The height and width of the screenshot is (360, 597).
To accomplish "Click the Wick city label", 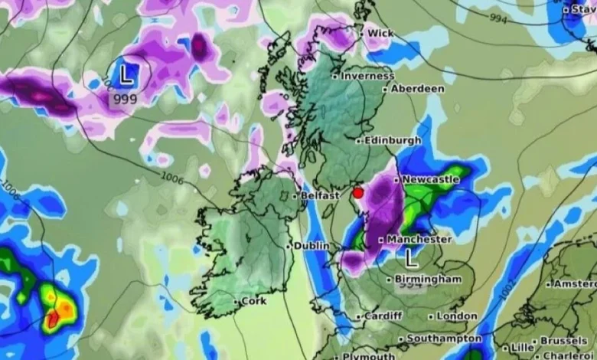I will coord(380,34).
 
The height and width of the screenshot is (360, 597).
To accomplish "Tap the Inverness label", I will coord(367,76).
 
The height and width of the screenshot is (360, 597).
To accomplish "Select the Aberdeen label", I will coord(417,89).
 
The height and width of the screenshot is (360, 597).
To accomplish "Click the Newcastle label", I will coord(431,179).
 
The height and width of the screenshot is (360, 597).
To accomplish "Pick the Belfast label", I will coord(319,196).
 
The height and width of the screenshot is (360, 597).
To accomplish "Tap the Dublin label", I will coord(312,246).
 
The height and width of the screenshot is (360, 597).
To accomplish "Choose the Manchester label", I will coord(419,239).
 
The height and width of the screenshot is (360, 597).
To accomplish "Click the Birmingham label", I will coord(429,279).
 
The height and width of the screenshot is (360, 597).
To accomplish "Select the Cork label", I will coord(253,301).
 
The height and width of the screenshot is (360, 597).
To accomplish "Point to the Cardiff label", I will coord(383,316).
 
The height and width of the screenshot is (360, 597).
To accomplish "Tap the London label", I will coord(457,316).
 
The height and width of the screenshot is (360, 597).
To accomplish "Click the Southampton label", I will coord(444,339).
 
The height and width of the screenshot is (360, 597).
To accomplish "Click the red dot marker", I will coord(357,194).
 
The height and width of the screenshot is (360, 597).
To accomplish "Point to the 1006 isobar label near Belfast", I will coord(175,178).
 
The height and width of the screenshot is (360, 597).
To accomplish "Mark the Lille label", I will coord(523,348).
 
